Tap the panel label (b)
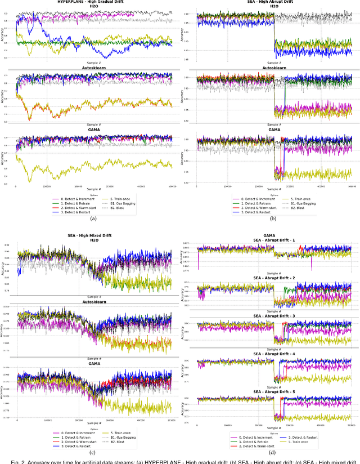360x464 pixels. point(273,218)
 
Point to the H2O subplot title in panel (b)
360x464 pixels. point(273,7)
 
